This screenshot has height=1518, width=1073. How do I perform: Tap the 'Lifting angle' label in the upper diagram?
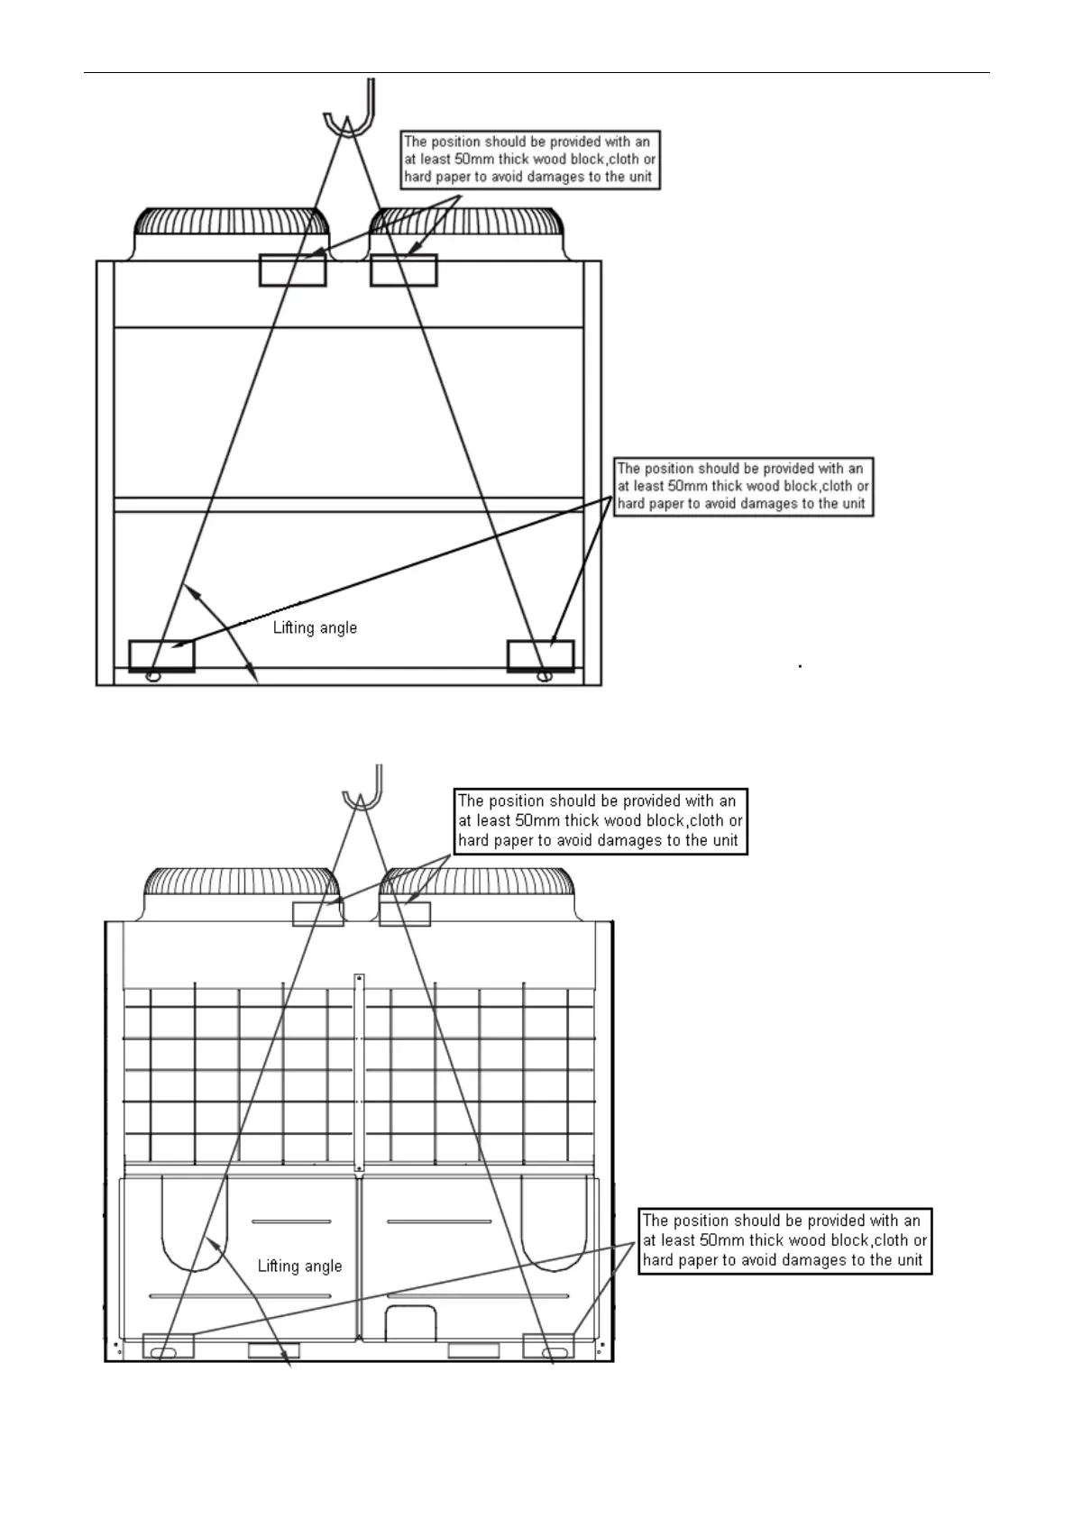[315, 627]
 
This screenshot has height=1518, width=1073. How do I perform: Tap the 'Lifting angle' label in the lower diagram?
[299, 1266]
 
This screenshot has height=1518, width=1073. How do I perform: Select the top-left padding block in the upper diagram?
[292, 270]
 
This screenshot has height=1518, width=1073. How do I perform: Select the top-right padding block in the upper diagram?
[403, 270]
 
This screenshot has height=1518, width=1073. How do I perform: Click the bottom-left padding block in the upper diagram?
[161, 655]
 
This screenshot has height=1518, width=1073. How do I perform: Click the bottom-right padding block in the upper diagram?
[540, 655]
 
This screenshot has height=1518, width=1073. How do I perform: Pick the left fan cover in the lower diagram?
[240, 891]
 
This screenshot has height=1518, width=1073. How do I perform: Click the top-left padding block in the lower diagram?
[318, 913]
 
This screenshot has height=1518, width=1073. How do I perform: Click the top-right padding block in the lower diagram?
[404, 913]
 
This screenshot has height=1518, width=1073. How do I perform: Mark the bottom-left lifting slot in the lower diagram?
[165, 1352]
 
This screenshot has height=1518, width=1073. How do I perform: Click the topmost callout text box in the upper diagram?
[530, 160]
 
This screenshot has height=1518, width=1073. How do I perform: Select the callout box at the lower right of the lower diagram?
[784, 1240]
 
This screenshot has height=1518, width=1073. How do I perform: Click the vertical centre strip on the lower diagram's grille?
[359, 1073]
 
